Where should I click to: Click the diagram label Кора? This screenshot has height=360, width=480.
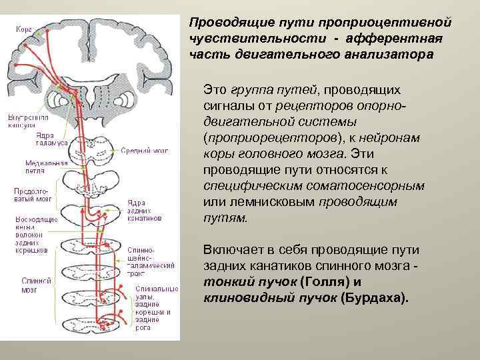point(24,29)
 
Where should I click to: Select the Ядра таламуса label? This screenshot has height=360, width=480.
point(51,139)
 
